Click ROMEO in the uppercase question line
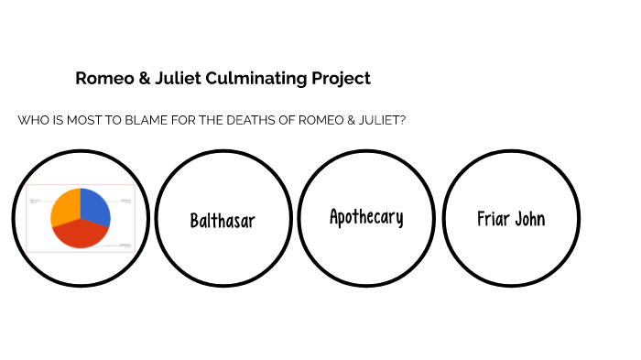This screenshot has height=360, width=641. pyautogui.click(x=310, y=121)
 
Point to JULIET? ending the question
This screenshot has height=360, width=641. pyautogui.click(x=379, y=121)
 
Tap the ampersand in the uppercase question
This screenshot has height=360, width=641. pyautogui.click(x=342, y=121)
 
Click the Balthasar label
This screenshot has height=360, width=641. pyautogui.click(x=223, y=221)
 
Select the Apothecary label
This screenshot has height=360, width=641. pyautogui.click(x=366, y=217)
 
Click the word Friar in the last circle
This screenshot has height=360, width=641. pyautogui.click(x=493, y=219)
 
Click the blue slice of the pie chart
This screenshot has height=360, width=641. pyautogui.click(x=95, y=207)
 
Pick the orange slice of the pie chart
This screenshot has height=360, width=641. pyautogui.click(x=65, y=207)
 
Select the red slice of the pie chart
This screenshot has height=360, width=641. pyautogui.click(x=81, y=234)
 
